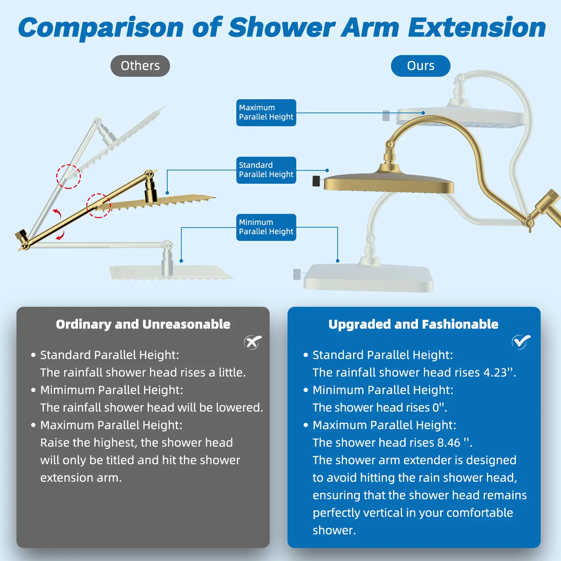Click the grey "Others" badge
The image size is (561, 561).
click(140, 66)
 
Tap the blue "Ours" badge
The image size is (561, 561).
click(420, 66)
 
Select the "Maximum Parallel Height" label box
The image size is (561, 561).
click(266, 113)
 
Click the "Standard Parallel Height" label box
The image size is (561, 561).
click(266, 170)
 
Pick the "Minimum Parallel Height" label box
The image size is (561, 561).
click(266, 227)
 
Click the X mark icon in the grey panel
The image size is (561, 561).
click(253, 342)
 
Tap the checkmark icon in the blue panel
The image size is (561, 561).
click(521, 342)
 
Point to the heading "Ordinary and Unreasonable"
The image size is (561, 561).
click(143, 324)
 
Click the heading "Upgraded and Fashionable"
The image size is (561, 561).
click(413, 324)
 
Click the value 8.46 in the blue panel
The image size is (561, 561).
click(448, 442)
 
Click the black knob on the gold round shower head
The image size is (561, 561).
click(316, 181)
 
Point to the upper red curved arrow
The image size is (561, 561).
click(57, 214)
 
